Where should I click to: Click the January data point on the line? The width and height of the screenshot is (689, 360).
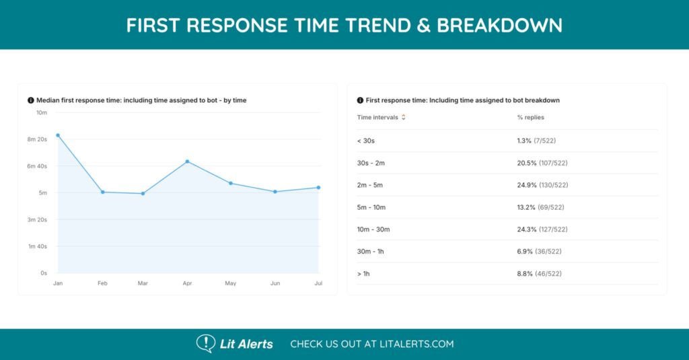(58, 135)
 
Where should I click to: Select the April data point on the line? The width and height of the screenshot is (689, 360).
(187, 161)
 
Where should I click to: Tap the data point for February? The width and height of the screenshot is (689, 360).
(102, 192)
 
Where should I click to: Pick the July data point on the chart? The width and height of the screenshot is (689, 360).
(318, 188)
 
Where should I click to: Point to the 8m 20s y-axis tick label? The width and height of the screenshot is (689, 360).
(37, 139)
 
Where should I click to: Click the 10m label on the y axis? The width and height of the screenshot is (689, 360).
(42, 112)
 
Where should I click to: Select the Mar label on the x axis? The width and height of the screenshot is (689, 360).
(143, 283)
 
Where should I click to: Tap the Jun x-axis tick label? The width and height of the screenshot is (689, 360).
(275, 283)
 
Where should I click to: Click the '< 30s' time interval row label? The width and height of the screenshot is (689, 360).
(367, 141)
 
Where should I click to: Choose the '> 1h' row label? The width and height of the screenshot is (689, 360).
(365, 274)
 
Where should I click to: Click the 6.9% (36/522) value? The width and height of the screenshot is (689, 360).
(539, 252)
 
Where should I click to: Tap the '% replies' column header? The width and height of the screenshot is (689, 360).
(530, 117)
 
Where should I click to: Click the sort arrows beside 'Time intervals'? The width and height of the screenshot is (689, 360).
(404, 117)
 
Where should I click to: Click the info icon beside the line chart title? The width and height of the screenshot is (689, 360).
(30, 100)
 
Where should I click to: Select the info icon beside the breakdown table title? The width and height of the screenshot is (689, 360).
(360, 100)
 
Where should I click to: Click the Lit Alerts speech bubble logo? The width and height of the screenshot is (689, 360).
(205, 343)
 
